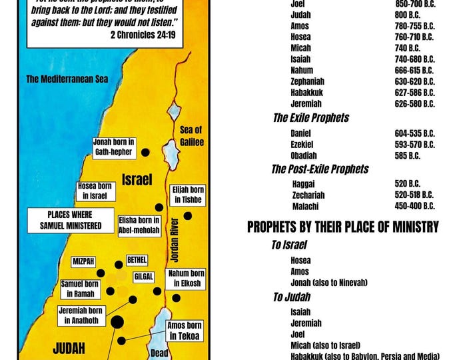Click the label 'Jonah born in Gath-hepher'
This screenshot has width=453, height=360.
(x=114, y=147)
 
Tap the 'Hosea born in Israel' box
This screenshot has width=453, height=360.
(x=95, y=191)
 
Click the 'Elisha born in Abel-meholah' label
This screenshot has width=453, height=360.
(x=139, y=226)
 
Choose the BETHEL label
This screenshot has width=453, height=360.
(x=137, y=259)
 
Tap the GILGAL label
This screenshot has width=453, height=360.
(x=144, y=276)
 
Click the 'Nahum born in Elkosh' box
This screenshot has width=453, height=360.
(x=187, y=278)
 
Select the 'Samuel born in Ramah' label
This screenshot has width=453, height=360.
(x=80, y=289)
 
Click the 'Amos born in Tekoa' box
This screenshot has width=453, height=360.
(x=185, y=331)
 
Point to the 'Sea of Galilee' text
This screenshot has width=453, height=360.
(x=191, y=136)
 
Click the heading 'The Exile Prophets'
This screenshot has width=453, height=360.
(x=310, y=118)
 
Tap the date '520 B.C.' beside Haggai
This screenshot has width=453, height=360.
(x=407, y=183)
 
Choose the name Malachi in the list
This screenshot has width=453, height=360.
(x=306, y=206)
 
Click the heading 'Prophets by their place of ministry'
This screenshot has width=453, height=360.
(x=342, y=227)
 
